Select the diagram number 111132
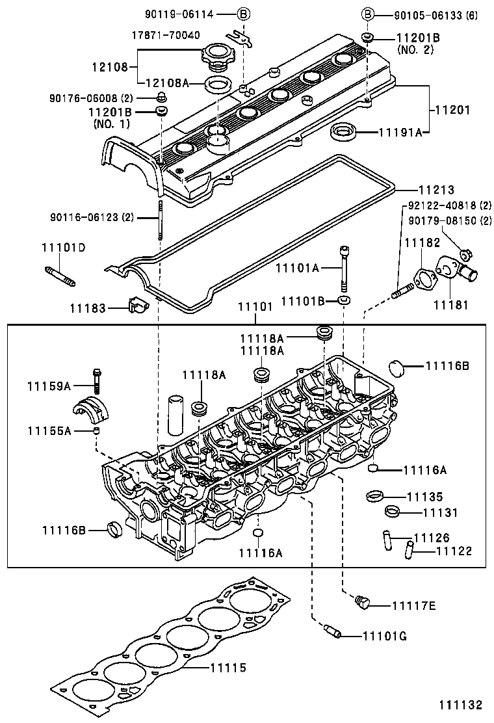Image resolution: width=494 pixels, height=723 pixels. (460, 705)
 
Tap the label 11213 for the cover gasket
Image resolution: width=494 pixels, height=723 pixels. (436, 190)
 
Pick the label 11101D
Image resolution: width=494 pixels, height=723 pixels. (64, 248)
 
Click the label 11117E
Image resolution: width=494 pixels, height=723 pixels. (413, 606)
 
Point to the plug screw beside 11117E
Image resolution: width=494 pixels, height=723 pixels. (363, 603)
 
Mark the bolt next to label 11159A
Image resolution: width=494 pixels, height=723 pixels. (97, 379)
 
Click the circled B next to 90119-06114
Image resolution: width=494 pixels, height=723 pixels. (242, 13)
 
